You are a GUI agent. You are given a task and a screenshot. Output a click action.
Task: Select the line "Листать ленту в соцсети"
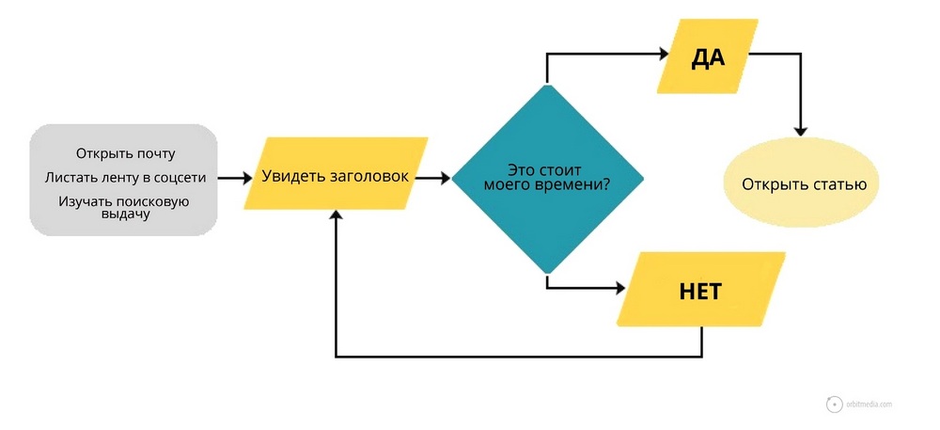coord(125,177)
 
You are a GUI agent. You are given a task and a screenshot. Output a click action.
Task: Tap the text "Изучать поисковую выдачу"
coord(125,207)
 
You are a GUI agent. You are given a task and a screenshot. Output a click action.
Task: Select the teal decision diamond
coord(547,179)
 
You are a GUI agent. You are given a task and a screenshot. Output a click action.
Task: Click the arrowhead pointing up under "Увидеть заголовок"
coord(336,216)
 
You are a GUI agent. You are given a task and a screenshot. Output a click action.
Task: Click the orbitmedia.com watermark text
coord(868,404)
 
